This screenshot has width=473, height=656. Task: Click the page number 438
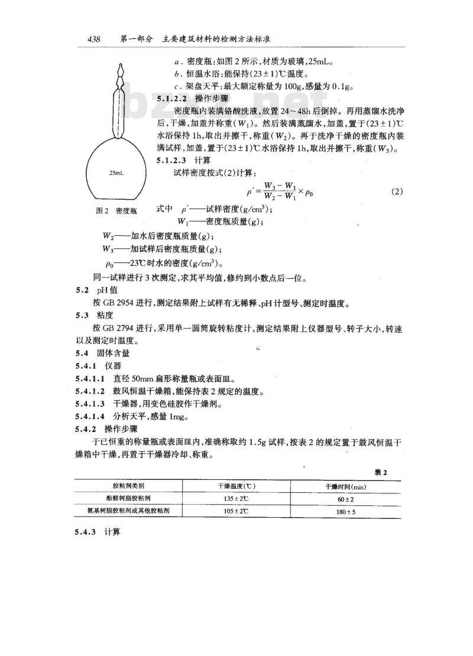[93, 40]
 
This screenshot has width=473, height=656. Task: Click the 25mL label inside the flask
[116, 174]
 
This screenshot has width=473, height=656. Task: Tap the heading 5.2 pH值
[89, 291]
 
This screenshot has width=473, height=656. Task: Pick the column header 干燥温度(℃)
[235, 486]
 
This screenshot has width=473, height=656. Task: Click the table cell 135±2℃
[235, 499]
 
